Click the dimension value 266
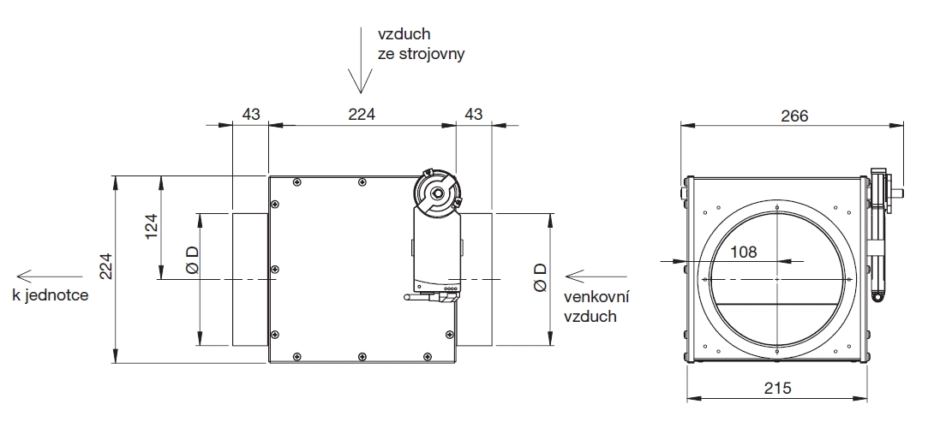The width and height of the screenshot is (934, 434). (794, 116)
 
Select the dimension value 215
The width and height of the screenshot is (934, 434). (776, 388)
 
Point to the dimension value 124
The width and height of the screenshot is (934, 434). (152, 227)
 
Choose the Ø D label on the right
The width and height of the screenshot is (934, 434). (540, 277)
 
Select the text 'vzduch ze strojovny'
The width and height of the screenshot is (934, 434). (421, 44)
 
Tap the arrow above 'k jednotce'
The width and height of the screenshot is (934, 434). (32, 276)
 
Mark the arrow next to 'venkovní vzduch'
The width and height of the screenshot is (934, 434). (587, 276)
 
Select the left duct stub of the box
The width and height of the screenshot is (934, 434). (250, 279)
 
